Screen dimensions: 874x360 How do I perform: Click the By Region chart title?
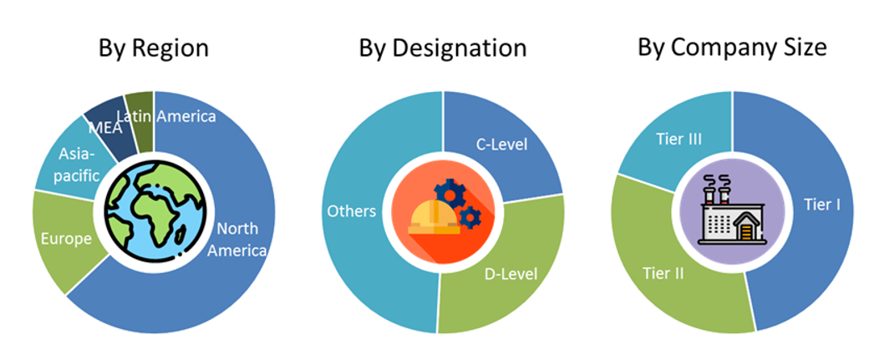154,48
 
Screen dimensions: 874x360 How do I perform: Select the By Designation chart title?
443,48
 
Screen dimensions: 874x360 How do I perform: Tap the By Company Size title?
733,48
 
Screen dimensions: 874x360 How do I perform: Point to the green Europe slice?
67,240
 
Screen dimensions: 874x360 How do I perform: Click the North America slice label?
241,240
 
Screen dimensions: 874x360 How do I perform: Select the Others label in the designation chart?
351,212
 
